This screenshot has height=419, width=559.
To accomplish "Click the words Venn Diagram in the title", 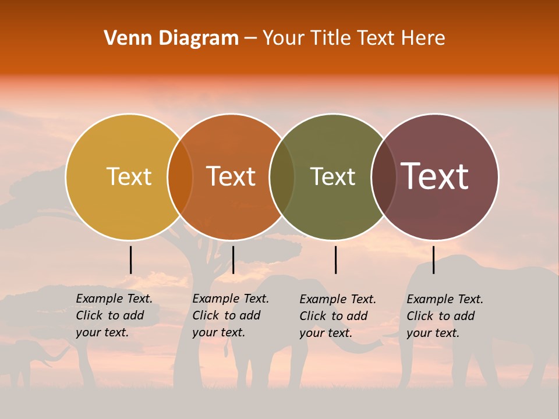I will (x=171, y=38).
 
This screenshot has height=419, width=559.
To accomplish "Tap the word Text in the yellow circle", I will (x=129, y=176).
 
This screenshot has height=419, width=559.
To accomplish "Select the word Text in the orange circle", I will (x=231, y=176).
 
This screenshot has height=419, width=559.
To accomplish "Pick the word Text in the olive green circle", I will (x=332, y=176).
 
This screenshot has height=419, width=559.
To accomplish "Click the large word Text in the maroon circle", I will (x=434, y=176).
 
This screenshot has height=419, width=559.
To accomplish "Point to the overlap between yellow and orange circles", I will (x=180, y=176).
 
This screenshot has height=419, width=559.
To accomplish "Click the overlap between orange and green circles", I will (x=282, y=176).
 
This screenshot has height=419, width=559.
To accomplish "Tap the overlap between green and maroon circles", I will (x=383, y=176).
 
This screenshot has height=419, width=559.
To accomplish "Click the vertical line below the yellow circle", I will (x=131, y=260).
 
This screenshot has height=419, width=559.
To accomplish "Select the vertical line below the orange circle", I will (x=233, y=260).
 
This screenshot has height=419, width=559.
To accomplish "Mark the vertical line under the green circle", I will (x=335, y=260).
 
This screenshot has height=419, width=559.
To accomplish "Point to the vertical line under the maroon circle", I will (x=433, y=260).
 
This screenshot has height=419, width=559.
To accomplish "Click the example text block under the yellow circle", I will (x=114, y=315).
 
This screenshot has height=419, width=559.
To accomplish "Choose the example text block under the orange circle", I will (x=231, y=315).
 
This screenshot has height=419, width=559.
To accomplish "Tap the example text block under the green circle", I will (x=338, y=316).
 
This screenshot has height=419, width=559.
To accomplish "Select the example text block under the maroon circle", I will (x=445, y=316).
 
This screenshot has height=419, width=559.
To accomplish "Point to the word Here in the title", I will (x=425, y=38).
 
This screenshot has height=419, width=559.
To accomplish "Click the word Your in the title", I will (x=284, y=38).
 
